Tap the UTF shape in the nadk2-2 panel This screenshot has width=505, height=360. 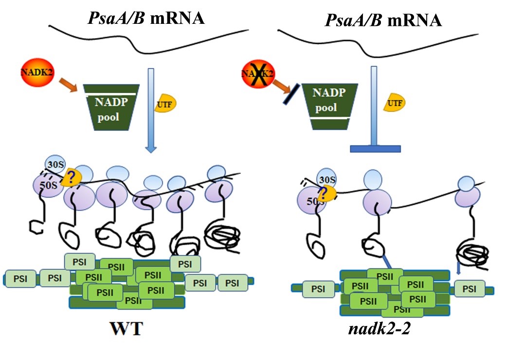click(x=395, y=103)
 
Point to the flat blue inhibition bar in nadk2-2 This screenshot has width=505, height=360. click(x=375, y=149)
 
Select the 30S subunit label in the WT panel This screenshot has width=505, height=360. click(x=54, y=165)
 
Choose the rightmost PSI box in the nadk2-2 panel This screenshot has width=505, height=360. click(x=469, y=289)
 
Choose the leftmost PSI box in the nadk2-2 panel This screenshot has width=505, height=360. click(x=318, y=289)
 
